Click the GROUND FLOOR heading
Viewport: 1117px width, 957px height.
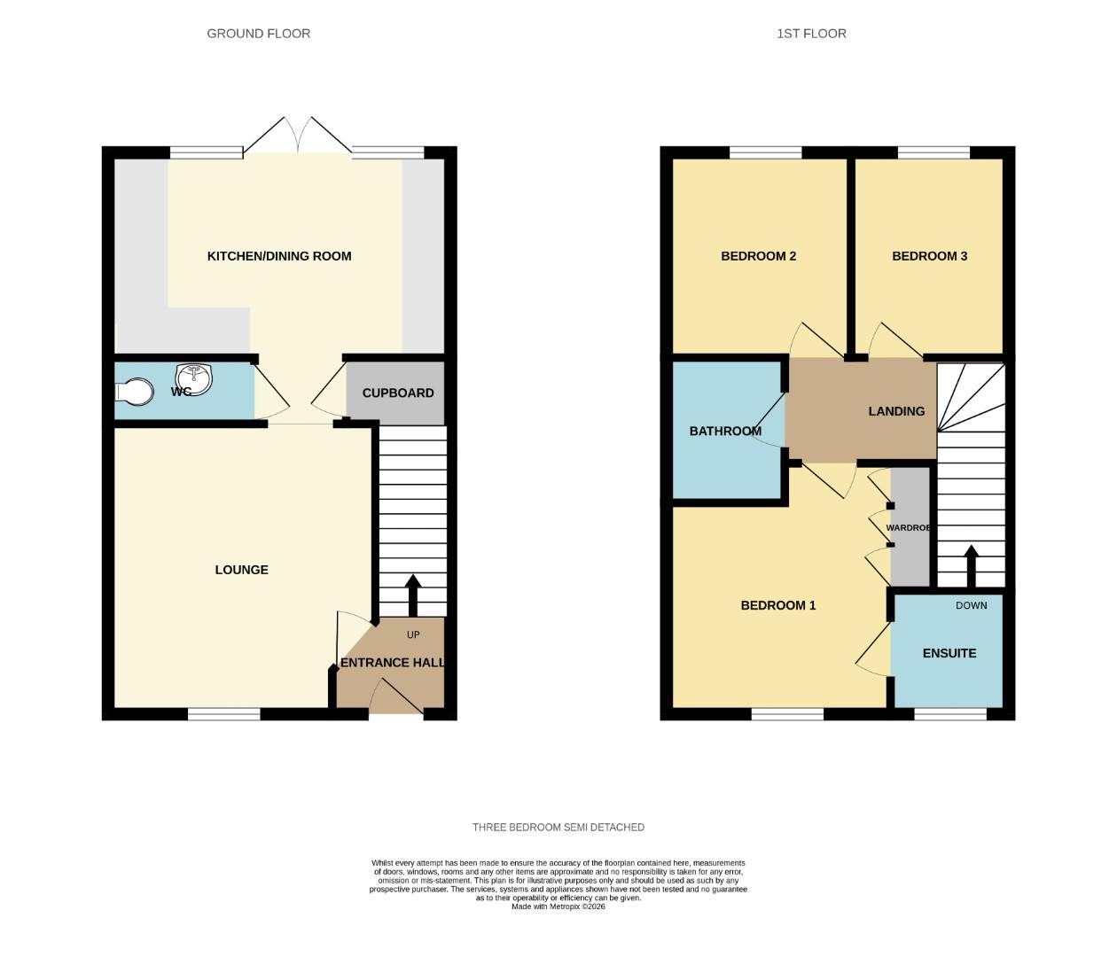pos(258,34)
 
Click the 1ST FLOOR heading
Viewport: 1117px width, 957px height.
pos(811,34)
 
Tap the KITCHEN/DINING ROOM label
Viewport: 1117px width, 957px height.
pos(279,256)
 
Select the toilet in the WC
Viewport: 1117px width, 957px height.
pos(133,392)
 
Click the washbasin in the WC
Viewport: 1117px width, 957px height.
pos(194,378)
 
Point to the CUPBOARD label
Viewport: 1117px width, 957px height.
pos(398,393)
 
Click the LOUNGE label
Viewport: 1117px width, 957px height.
pos(241,570)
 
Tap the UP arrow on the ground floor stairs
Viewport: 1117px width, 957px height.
pos(412,594)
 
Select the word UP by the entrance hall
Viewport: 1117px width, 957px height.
pos(413,634)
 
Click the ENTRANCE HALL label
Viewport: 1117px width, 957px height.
pos(392,662)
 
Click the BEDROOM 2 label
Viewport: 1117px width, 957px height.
pos(758,256)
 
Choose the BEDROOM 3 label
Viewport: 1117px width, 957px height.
pos(929,256)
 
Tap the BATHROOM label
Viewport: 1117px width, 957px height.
pos(725,431)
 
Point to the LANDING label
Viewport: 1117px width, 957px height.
pos(896,411)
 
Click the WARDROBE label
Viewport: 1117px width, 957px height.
pos(909,527)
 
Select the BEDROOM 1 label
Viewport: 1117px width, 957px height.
pos(778,605)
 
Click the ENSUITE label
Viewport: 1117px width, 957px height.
pos(949,653)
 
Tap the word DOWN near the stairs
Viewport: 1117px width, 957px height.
pos(971,605)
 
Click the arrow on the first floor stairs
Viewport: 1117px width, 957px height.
pos(971,565)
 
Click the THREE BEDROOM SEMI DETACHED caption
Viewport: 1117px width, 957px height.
pos(558,828)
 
